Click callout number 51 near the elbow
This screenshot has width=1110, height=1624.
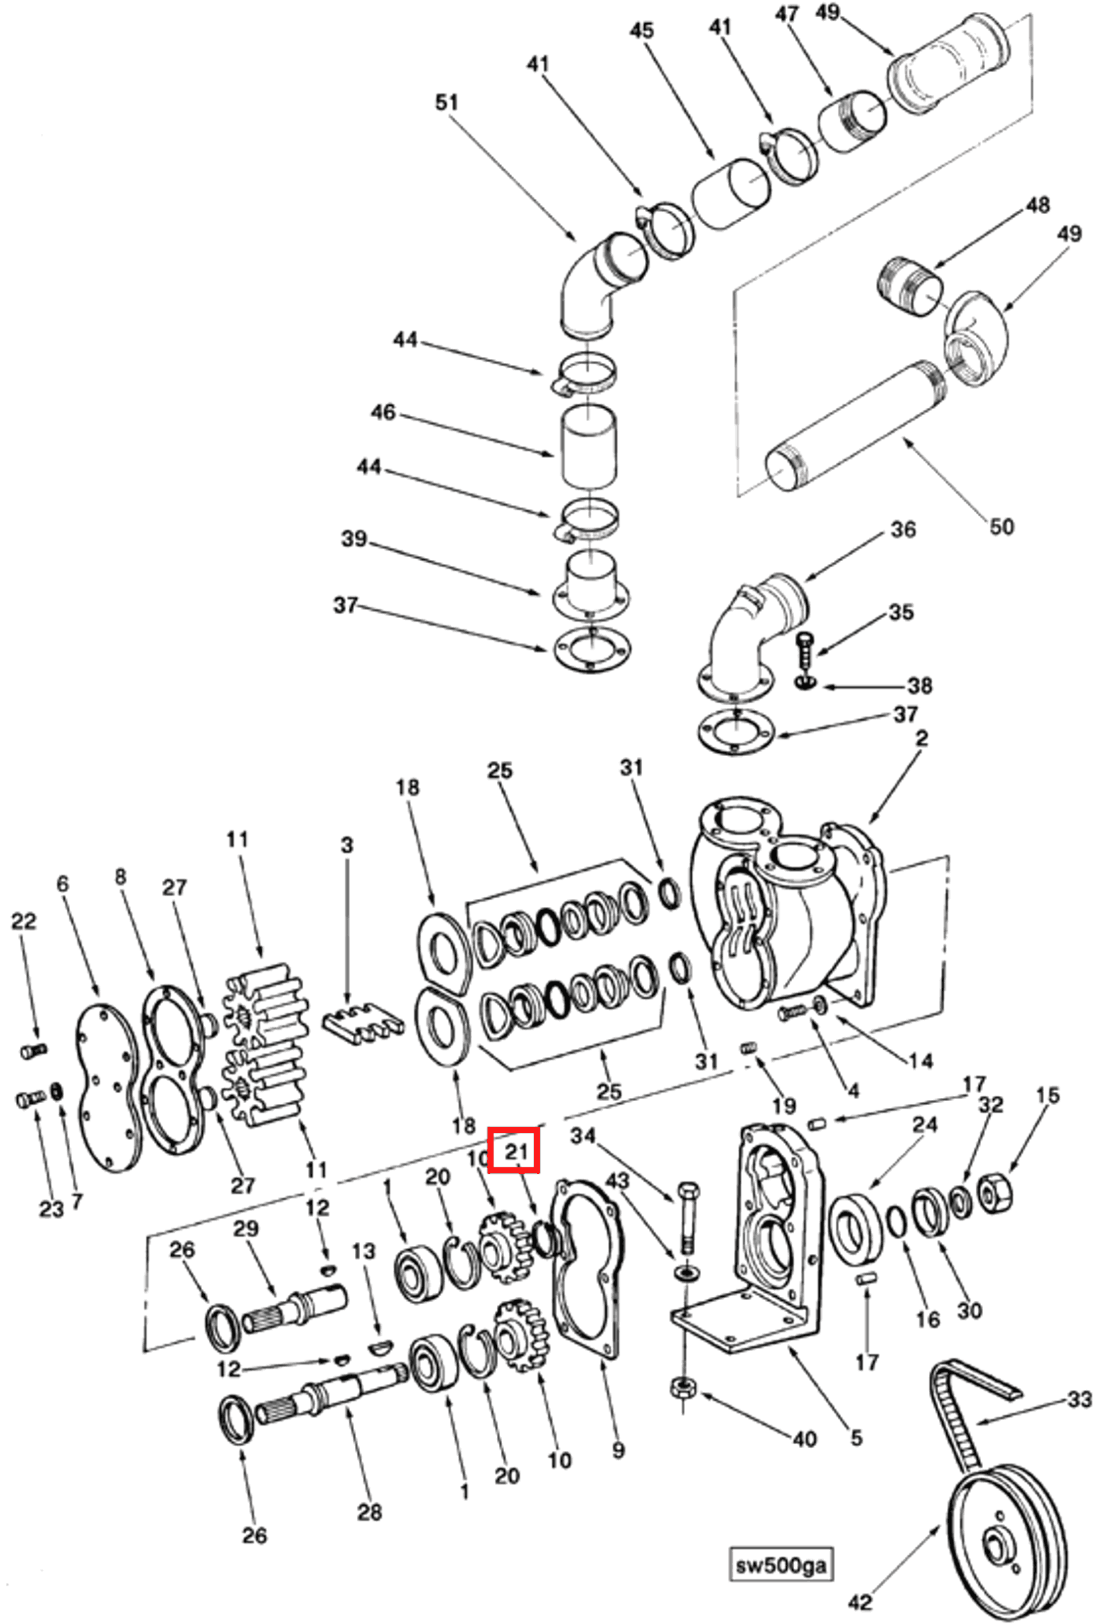point(447,102)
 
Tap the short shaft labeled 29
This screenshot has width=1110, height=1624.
point(293,1306)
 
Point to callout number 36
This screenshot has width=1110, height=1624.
point(903,529)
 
